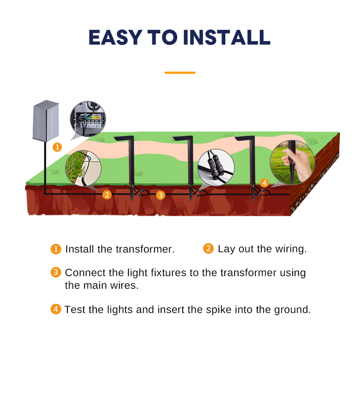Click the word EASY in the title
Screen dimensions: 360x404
115,37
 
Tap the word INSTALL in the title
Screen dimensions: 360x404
227,37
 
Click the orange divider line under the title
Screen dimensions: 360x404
180,73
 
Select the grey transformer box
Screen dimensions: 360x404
46,121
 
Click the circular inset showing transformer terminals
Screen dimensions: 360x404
88,119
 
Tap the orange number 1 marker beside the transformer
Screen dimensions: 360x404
57,147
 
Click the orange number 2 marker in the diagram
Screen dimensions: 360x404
107,195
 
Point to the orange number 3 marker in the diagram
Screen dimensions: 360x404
161,195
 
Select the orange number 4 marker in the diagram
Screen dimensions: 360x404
264,183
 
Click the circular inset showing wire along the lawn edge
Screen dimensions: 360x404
83,168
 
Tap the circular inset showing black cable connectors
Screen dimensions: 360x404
216,167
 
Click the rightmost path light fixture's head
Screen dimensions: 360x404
245,138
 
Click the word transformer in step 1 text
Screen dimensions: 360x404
145,249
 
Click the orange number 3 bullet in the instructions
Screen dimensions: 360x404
56,272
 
